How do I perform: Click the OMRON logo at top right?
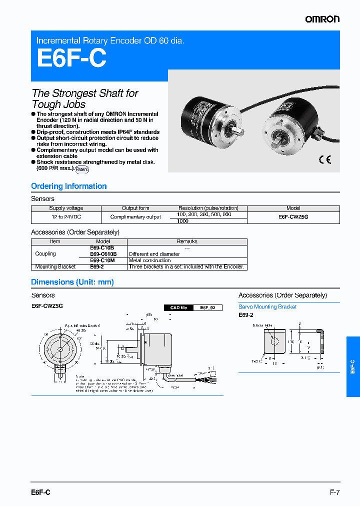tap(322, 19)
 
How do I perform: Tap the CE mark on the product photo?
tap(324, 160)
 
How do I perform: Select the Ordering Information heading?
tap(69, 186)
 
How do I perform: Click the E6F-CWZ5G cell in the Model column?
tap(293, 217)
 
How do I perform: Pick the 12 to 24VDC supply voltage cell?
tap(66, 217)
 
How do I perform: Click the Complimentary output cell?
tap(135, 217)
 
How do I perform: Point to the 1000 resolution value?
tap(183, 220)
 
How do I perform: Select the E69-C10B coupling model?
tap(102, 248)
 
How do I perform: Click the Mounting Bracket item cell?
tap(55, 267)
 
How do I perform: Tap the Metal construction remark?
tap(150, 260)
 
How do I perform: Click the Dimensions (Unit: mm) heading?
tap(72, 282)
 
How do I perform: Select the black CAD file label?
tap(178, 308)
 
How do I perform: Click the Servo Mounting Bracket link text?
tap(267, 307)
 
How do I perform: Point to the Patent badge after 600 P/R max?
tap(82, 169)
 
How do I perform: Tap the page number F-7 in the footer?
tap(334, 492)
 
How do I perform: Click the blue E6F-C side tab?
tap(352, 366)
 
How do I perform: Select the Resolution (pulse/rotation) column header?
tap(208, 208)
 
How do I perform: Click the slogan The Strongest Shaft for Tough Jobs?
tap(85, 98)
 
